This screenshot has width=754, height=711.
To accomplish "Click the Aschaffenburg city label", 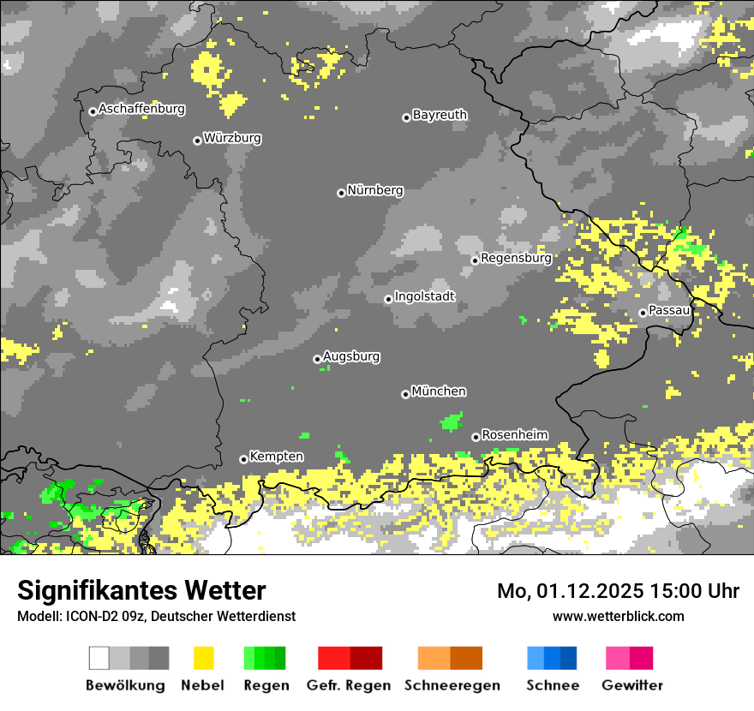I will click(141, 109).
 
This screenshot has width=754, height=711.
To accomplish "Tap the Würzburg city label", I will click(232, 138).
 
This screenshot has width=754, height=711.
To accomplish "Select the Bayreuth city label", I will click(440, 115).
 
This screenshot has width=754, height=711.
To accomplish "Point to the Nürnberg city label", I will click(374, 190).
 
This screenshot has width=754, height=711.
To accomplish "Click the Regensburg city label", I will click(516, 257).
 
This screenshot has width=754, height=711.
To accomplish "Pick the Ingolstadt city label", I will click(424, 296).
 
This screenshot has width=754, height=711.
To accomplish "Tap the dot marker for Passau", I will click(643, 313).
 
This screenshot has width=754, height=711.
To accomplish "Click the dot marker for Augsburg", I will click(317, 359).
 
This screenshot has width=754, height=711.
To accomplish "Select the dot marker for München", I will click(405, 394).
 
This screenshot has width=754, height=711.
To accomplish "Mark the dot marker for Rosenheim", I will click(476, 437).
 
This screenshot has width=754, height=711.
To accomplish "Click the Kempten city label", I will click(276, 457).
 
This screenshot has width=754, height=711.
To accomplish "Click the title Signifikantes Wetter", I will click(141, 591).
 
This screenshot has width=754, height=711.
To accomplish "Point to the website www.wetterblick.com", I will click(618, 616).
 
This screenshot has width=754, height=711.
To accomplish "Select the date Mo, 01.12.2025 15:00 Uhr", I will click(618, 591).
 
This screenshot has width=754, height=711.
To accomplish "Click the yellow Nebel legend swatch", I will click(203, 658).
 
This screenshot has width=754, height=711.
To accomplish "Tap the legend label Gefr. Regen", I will click(348, 685).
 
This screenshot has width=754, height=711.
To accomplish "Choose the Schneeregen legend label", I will click(452, 685).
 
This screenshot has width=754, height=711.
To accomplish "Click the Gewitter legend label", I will click(631, 685).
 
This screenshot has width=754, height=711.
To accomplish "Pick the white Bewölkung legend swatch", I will click(99, 658).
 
